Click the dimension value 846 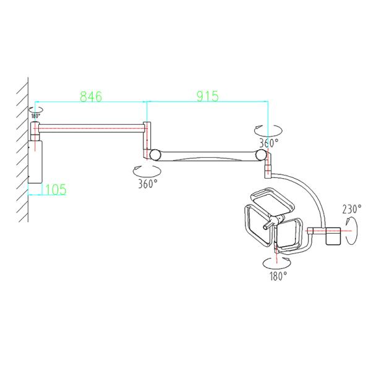click(x=91, y=96)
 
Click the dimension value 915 click(x=208, y=96)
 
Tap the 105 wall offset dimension click(x=56, y=189)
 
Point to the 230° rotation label click(x=352, y=209)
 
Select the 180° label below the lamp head click(x=278, y=276)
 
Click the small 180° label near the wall click(x=36, y=116)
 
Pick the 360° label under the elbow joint click(x=148, y=184)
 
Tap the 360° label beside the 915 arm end click(x=269, y=143)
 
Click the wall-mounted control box click(x=35, y=162)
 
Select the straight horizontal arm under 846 click(x=91, y=128)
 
